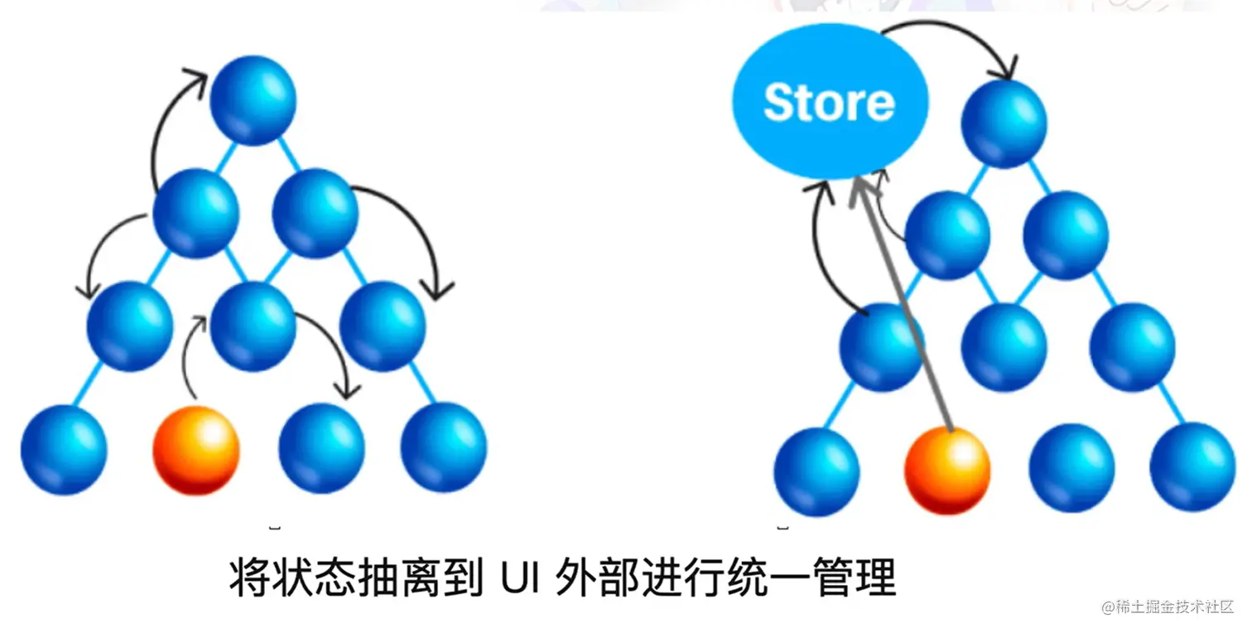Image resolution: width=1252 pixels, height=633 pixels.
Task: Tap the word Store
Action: pyautogui.click(x=829, y=103)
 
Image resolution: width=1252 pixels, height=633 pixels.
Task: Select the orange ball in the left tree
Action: pyautogui.click(x=196, y=450)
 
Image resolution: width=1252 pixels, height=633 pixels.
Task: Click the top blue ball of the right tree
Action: pyautogui.click(x=1004, y=124)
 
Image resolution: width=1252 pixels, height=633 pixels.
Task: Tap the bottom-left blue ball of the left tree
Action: pyautogui.click(x=64, y=450)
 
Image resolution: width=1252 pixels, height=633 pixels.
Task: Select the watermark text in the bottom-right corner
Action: pyautogui.click(x=1168, y=607)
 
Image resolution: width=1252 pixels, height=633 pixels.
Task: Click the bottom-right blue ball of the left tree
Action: pyautogui.click(x=444, y=447)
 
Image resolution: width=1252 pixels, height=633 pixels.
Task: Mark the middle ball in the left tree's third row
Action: pyautogui.click(x=253, y=326)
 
